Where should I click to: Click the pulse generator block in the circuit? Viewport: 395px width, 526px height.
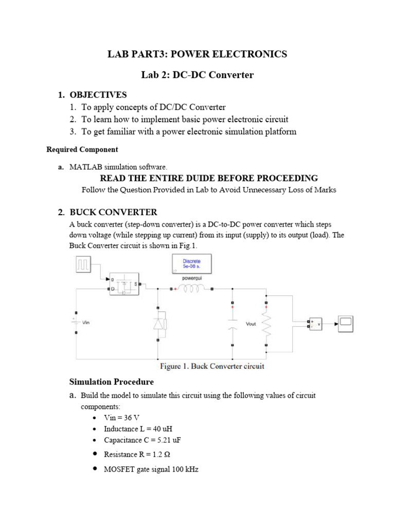point(84,265)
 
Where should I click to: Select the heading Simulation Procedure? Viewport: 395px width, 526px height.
point(111,382)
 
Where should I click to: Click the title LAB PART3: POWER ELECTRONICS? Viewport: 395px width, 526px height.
point(197,54)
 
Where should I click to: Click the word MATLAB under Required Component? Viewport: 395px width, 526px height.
point(84,167)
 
